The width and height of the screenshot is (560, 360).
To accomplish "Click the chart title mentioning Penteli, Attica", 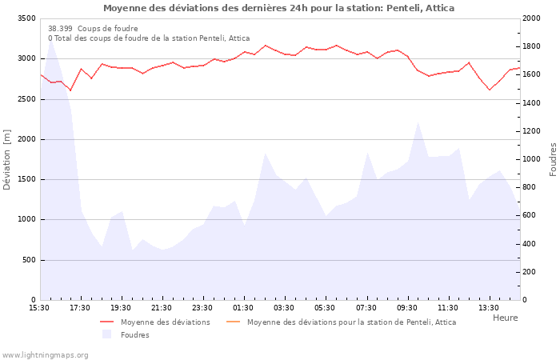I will (x=278, y=8).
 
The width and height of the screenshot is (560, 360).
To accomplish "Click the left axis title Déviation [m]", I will (x=7, y=159).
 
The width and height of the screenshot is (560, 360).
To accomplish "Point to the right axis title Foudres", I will (x=553, y=159).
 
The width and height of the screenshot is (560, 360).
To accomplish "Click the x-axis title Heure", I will (x=505, y=318).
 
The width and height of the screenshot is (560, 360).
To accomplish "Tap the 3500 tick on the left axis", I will (x=26, y=18).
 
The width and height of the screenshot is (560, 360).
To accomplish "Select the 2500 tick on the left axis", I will (x=26, y=99).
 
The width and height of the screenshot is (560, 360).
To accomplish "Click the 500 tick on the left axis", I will (x=29, y=260).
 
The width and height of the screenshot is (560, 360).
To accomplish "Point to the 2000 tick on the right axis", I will (x=533, y=18).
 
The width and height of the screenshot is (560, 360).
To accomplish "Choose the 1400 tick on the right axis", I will (x=533, y=103).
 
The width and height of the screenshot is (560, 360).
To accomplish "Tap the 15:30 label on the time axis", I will (x=39, y=308).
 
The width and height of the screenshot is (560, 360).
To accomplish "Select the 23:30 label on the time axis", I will (x=203, y=308).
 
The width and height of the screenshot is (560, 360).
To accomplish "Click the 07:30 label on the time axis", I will (x=366, y=308).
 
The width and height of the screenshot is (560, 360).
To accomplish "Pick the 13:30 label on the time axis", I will (x=489, y=308).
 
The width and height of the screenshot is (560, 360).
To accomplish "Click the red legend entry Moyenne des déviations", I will (x=165, y=322).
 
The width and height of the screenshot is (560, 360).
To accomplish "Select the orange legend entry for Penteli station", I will (x=351, y=322).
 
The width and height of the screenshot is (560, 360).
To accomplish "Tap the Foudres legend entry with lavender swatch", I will (x=134, y=335).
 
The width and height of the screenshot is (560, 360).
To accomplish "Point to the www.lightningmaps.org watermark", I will (x=44, y=354).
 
